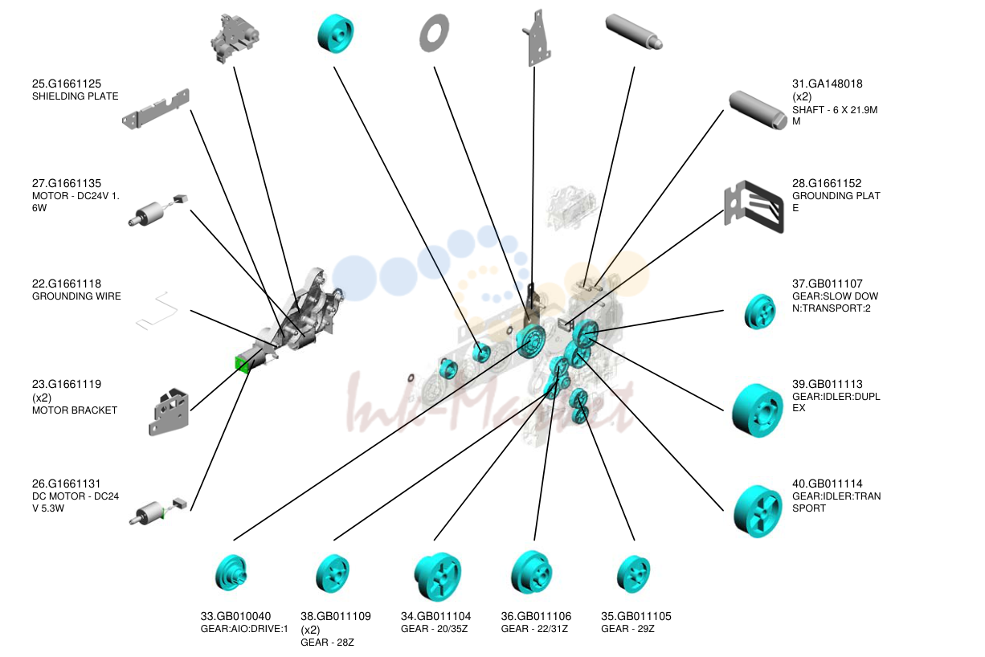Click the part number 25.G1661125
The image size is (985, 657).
click(67, 84)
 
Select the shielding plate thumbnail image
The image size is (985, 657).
click(156, 109)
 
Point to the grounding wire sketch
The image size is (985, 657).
click(157, 310)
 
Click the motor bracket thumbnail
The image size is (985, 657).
click(169, 411)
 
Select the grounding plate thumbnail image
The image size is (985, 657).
click(754, 206)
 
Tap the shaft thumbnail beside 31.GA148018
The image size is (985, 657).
click(758, 110)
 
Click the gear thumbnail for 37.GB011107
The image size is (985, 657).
click(760, 312)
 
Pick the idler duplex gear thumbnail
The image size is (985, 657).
click(757, 410)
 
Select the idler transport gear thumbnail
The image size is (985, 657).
click(758, 511)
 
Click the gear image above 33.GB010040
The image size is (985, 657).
click(231, 573)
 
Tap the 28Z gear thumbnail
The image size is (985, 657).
click(333, 573)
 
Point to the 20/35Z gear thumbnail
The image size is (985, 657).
click(438, 576)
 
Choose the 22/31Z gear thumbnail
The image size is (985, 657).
click(531, 573)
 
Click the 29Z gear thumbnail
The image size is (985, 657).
click(633, 574)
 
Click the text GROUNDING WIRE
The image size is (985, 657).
click(76, 296)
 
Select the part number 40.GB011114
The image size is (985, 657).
click(828, 484)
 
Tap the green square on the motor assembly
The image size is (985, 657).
click(242, 365)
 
